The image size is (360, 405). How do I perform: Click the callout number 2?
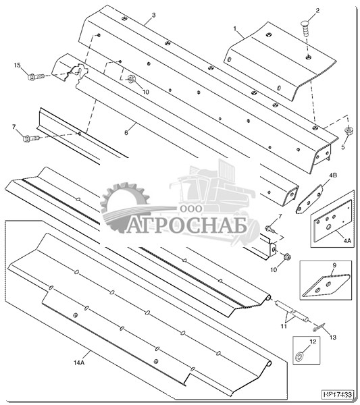pos(317,11)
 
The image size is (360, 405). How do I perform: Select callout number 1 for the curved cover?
pos(235,29)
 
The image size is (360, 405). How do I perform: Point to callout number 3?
pos(153,16)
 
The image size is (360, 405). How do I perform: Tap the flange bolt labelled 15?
pos(36,76)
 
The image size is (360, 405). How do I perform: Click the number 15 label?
pos(17,65)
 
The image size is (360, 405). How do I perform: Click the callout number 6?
pos(126,132)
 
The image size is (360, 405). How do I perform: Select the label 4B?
pos(333,175)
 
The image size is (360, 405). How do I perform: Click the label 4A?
pos(347,240)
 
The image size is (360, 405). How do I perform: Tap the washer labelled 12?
pos(300,358)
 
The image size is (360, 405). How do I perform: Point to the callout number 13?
pos(333,337)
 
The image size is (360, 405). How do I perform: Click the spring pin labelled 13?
pos(319,328)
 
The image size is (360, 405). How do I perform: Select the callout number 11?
pos(284,326)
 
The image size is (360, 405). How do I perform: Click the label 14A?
pos(79,363)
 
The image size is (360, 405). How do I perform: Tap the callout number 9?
pos(334,265)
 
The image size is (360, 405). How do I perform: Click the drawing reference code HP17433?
pos(338,394)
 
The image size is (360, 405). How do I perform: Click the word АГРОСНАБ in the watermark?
pos(186,227)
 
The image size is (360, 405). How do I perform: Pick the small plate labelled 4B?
pos(309,199)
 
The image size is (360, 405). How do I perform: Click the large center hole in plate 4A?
pos(329,227)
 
